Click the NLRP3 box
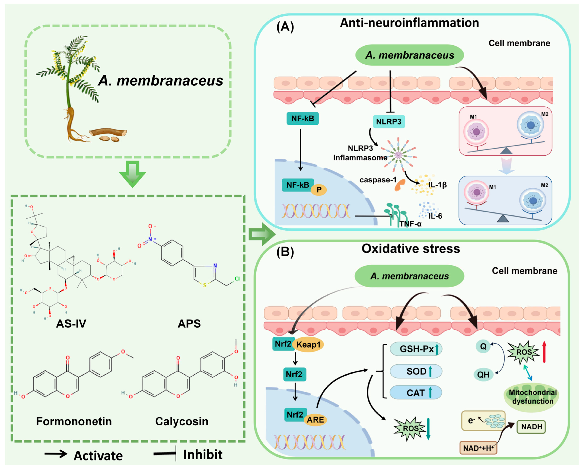click(x=389, y=122)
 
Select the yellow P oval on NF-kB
click(x=319, y=190)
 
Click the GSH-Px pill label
click(x=416, y=349)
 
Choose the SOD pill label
click(x=416, y=371)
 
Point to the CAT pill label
click(x=416, y=393)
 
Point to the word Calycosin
click(x=182, y=421)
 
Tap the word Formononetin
click(x=74, y=421)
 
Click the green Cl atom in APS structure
click(x=237, y=279)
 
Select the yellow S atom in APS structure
click(x=205, y=285)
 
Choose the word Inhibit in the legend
click(x=203, y=455)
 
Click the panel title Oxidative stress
click(x=410, y=249)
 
